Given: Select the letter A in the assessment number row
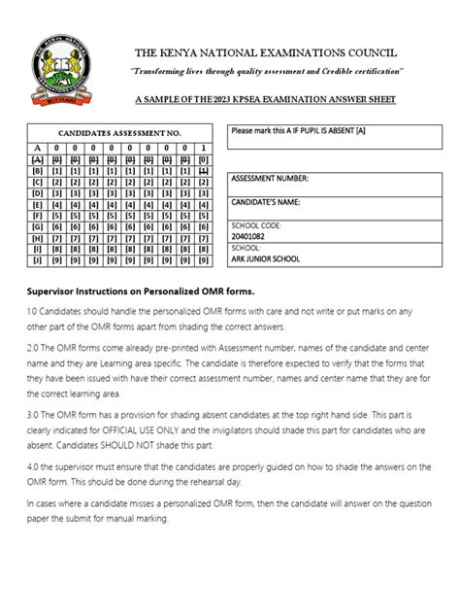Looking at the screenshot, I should point(37,148).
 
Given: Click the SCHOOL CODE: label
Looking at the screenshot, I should point(257,225).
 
